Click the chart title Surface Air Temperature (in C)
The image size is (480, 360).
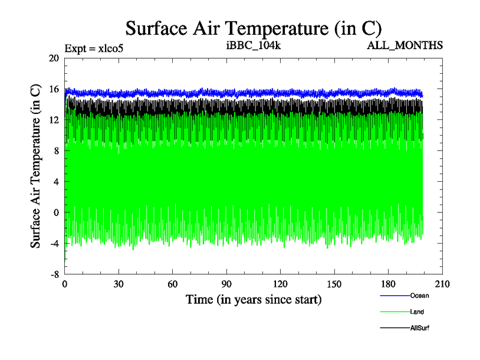(x=253, y=28)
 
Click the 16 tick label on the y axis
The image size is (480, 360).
(x=55, y=89)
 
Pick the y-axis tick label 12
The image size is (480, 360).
(x=55, y=120)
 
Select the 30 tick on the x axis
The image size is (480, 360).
(x=119, y=284)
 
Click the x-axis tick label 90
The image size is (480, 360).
(x=227, y=284)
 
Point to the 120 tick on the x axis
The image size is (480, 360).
(x=280, y=284)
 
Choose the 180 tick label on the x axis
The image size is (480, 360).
(x=388, y=284)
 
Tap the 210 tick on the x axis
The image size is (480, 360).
(x=442, y=284)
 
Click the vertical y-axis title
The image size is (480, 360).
(x=35, y=166)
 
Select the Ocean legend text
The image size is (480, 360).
(x=419, y=295)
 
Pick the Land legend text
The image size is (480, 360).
(x=418, y=311)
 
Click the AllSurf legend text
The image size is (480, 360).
(x=420, y=328)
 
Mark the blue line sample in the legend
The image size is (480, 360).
(x=394, y=295)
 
